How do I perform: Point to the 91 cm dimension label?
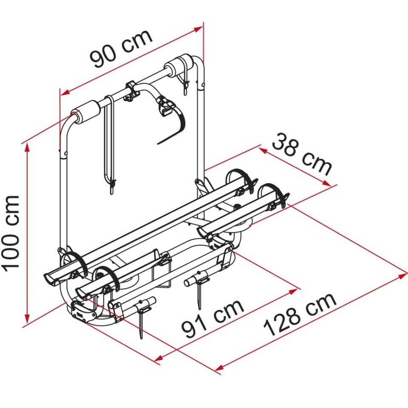pyautogui.click(x=212, y=317)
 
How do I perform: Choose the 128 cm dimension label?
pyautogui.click(x=300, y=314)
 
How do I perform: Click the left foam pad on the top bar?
pyautogui.click(x=87, y=111)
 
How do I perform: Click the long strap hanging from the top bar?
pyautogui.click(x=109, y=140)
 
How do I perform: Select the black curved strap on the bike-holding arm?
pyautogui.click(x=174, y=123)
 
